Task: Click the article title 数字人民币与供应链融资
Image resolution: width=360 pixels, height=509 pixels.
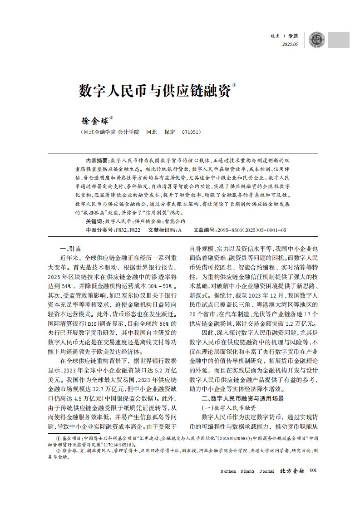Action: (x=154, y=90)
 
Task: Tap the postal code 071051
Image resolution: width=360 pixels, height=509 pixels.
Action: (x=191, y=132)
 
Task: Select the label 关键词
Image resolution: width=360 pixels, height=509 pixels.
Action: (x=94, y=221)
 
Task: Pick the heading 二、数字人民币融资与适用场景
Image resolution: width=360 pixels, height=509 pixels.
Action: (x=242, y=398)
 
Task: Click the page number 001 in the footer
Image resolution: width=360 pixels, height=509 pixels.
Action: (x=313, y=471)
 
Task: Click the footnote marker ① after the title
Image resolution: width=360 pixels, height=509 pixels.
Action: (x=234, y=84)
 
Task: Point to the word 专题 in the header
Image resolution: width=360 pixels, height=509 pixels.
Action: (x=293, y=36)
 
